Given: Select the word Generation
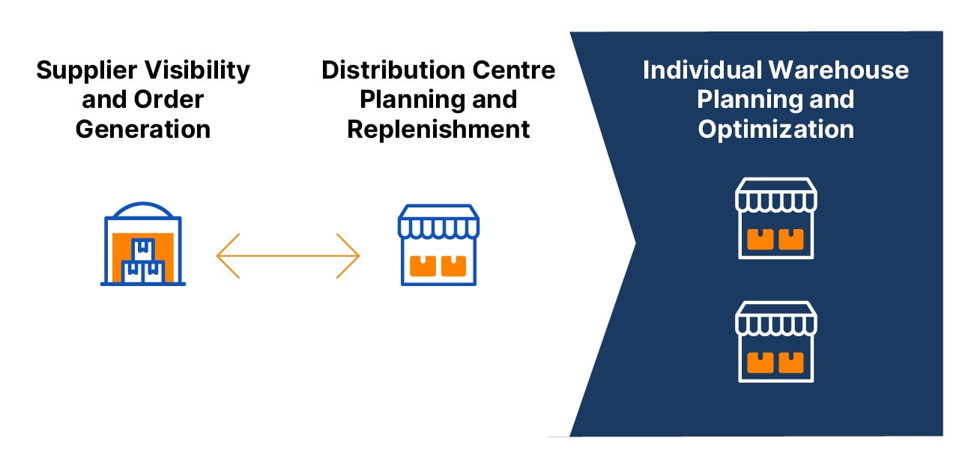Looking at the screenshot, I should pos(143,129).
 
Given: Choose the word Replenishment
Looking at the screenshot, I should pos(438,129).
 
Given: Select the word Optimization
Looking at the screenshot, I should pos(775,129).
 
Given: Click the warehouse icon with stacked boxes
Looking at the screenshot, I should pos(143,243).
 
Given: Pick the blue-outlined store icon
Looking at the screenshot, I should pos(438,245).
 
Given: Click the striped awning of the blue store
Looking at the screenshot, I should pos(438,222).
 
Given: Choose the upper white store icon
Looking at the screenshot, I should pos(775,218).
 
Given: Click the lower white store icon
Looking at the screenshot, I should pos(775,341).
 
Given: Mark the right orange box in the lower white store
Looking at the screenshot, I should pos(790,362).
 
